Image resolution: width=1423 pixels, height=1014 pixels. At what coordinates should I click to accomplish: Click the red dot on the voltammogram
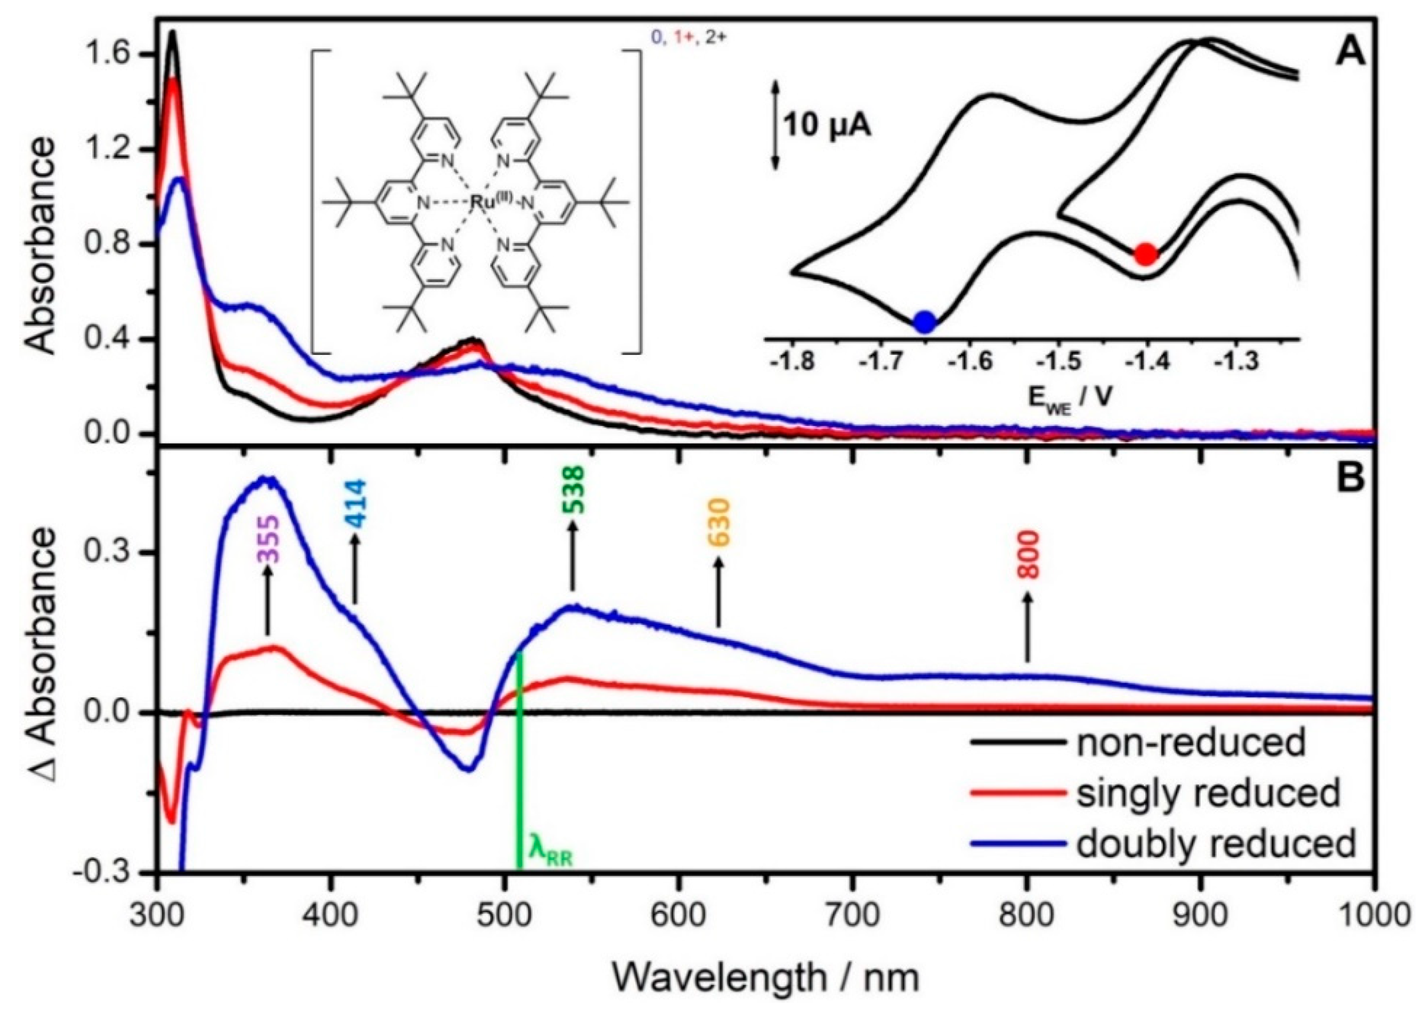point(1145,254)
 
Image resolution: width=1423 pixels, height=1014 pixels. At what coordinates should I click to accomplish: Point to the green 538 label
point(573,489)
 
